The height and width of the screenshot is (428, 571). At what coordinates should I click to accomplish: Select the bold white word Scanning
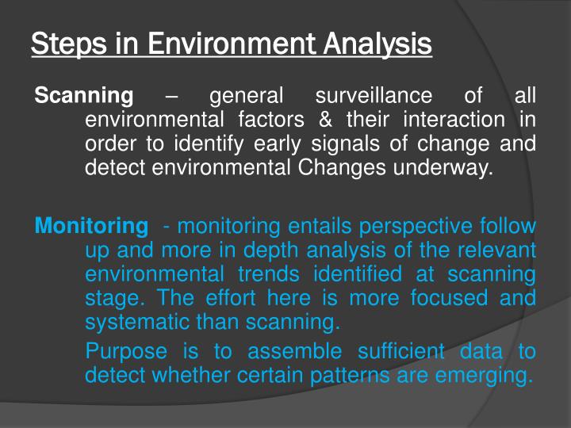pos(84,97)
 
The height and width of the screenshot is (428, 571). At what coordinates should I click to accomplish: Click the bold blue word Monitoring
pos(91,227)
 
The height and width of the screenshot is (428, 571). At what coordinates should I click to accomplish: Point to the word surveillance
pos(374,97)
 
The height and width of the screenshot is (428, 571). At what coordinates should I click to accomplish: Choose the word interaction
pos(454,120)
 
